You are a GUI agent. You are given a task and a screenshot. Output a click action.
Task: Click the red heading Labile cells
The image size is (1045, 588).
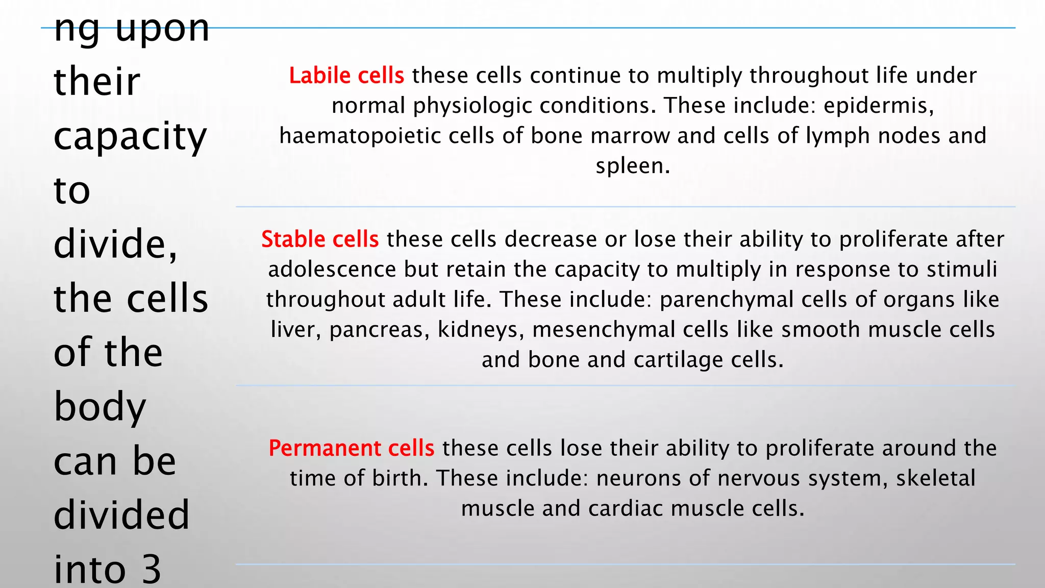tap(346, 76)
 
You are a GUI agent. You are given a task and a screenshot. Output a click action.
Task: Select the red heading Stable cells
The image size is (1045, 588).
tap(320, 239)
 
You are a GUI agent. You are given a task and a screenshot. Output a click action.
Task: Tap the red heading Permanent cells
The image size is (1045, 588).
tap(352, 448)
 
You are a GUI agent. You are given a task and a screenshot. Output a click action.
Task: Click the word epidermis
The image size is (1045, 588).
tap(878, 106)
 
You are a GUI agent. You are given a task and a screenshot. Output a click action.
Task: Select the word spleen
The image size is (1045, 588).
tap(632, 166)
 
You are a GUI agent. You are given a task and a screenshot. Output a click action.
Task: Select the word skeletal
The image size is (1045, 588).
tap(935, 478)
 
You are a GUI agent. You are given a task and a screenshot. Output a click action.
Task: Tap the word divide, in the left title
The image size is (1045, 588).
tap(116, 244)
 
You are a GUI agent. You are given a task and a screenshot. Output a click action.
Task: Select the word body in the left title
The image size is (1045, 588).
tap(100, 407)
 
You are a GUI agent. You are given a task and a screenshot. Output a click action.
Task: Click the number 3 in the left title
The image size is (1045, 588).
tap(151, 570)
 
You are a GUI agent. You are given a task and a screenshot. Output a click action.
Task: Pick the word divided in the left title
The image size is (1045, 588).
tap(121, 515)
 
